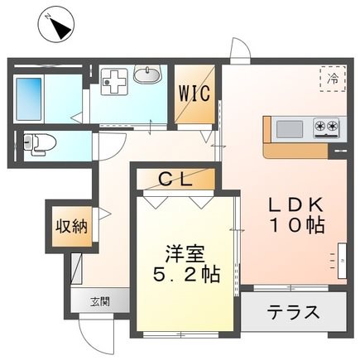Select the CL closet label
[x=175, y=177]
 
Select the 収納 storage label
[x=60, y=225]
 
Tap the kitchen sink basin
[x=289, y=127]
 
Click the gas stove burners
[x=326, y=127]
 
